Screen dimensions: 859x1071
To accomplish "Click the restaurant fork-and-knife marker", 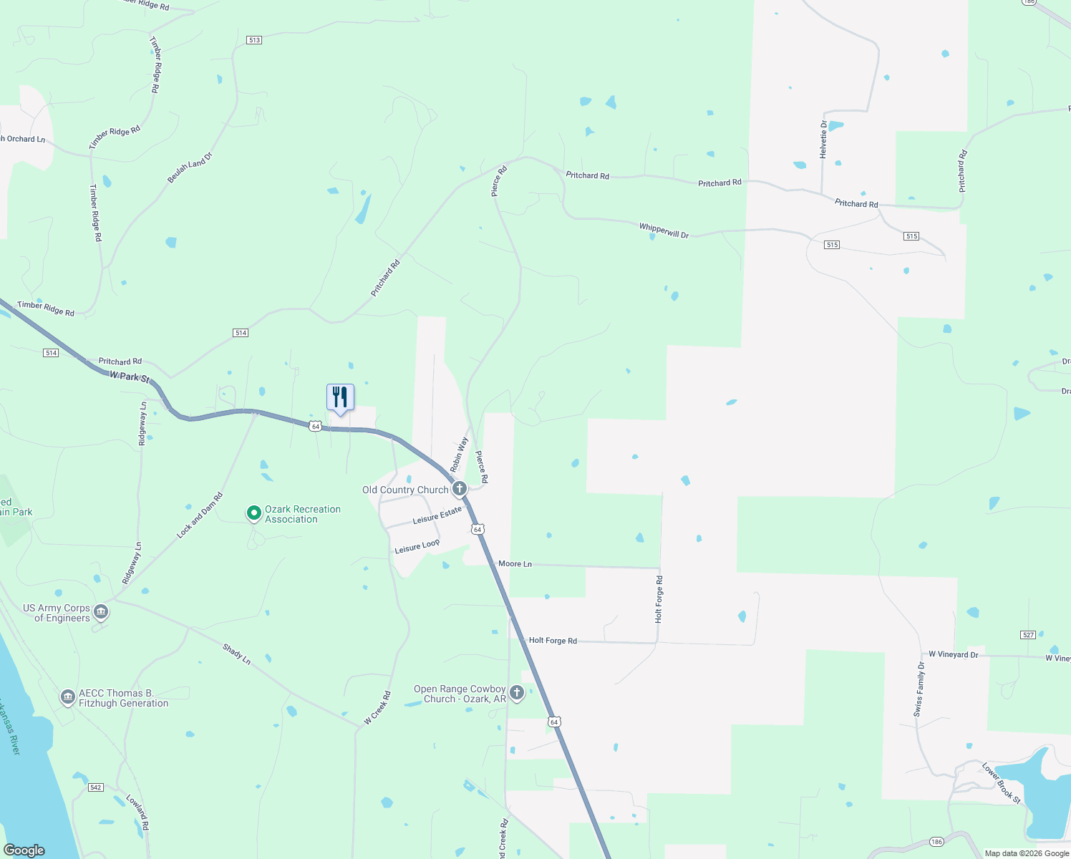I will click(340, 397).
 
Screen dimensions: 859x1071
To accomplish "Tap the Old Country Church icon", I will click(460, 488).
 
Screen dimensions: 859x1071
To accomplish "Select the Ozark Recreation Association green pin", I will click(253, 513).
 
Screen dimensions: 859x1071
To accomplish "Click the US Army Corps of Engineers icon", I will click(101, 612).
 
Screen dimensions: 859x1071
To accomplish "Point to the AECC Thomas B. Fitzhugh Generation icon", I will click(68, 697).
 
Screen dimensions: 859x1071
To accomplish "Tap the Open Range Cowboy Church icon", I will click(517, 692).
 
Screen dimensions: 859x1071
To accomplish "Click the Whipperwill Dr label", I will click(664, 230).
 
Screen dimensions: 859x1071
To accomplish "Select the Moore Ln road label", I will click(515, 564).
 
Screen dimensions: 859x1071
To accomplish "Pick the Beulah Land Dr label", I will click(190, 168).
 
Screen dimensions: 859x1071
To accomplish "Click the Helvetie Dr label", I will click(823, 140).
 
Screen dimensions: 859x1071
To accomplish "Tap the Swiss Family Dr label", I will click(919, 689).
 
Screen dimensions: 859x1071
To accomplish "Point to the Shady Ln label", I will click(236, 654).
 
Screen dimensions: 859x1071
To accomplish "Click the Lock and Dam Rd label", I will click(200, 515).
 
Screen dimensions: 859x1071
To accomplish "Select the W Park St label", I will click(130, 377).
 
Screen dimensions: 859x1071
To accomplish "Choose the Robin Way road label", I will click(459, 454).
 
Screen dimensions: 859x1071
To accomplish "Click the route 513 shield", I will click(254, 40).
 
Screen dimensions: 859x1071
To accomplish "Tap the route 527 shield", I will click(1028, 635).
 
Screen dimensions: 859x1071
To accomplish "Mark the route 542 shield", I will click(96, 787).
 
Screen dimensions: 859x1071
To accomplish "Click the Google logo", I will click(24, 850).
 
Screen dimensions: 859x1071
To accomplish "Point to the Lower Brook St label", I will click(1001, 783).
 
